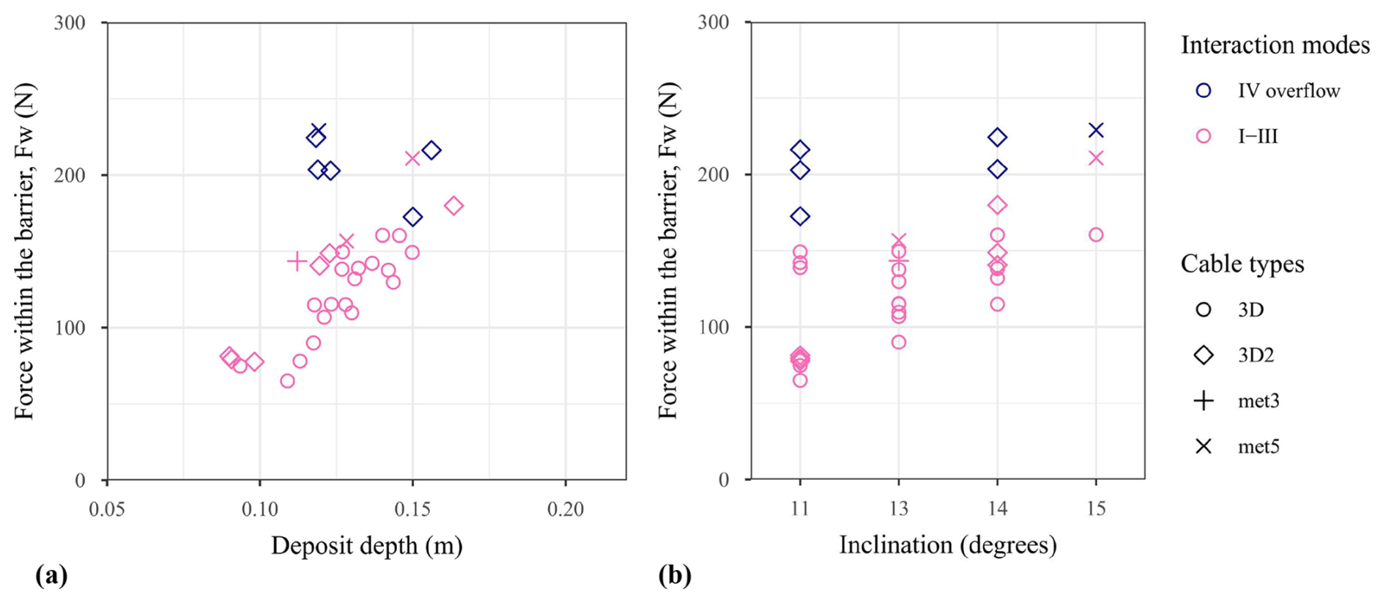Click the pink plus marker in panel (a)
point(297,261)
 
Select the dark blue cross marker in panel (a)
point(318,130)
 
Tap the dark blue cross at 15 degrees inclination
point(1096,130)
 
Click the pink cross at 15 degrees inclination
point(1096,158)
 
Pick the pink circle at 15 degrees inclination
point(1096,235)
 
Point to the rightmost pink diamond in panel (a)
point(454,206)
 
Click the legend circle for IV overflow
point(1204,90)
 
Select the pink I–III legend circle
point(1204,136)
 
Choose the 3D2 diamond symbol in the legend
point(1204,355)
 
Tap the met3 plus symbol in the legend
point(1204,401)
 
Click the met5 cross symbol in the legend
point(1204,446)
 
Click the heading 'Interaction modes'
point(1275,45)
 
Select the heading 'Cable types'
point(1242,264)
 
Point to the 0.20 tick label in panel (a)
point(566,508)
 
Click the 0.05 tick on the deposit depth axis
point(108,508)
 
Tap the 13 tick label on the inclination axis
point(899,508)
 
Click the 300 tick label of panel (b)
point(714,22)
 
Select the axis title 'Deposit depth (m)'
point(367,546)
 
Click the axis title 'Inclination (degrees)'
point(948,545)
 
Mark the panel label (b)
point(674,576)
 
